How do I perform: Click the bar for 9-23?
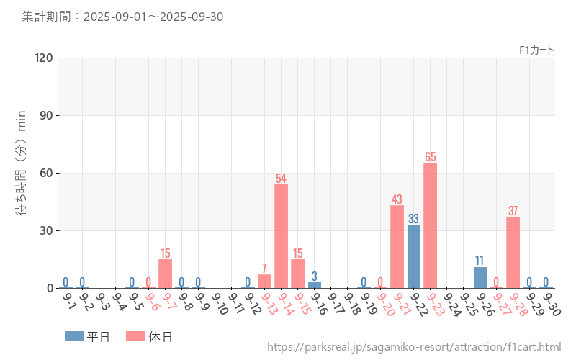coord(430,225)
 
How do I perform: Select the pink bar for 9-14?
coord(281,236)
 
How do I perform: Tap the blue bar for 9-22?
coord(413,256)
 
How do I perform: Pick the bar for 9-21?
coord(397,247)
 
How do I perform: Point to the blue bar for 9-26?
coord(480,278)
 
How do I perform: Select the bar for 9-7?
coord(165,274)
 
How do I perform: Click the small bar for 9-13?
coord(264,282)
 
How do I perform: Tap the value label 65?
coord(430,157)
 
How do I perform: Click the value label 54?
coord(281,178)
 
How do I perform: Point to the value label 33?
coord(413,218)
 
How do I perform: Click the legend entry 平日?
coord(88,336)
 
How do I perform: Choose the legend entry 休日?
coord(149,336)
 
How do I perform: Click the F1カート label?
coord(536,50)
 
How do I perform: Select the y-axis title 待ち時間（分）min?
coord(22,173)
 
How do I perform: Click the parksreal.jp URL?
coord(414,347)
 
